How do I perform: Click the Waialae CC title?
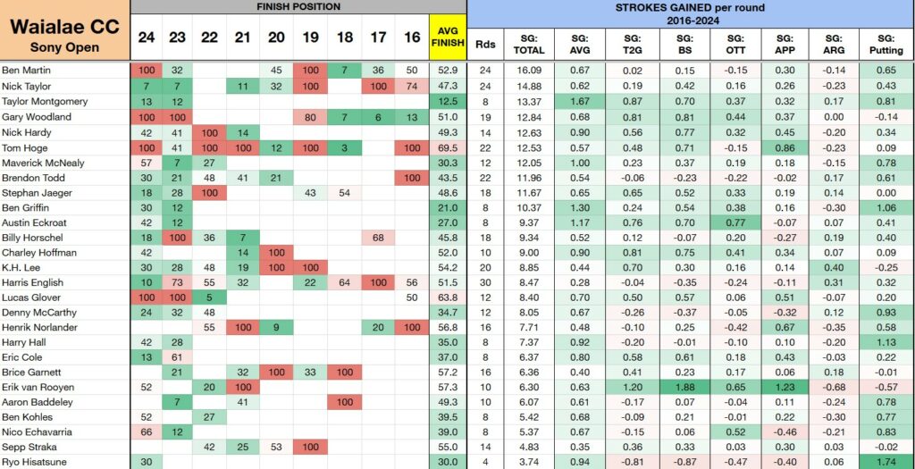pyautogui.click(x=64, y=27)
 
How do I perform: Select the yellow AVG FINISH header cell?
pyautogui.click(x=448, y=37)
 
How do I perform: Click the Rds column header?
pyautogui.click(x=484, y=44)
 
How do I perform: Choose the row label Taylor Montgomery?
pyautogui.click(x=45, y=102)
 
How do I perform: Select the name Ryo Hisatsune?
pyautogui.click(x=35, y=462)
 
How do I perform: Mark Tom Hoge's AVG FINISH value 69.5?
pyautogui.click(x=448, y=147)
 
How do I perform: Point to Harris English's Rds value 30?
pyautogui.click(x=484, y=283)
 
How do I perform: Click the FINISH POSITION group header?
pyautogui.click(x=298, y=7)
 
